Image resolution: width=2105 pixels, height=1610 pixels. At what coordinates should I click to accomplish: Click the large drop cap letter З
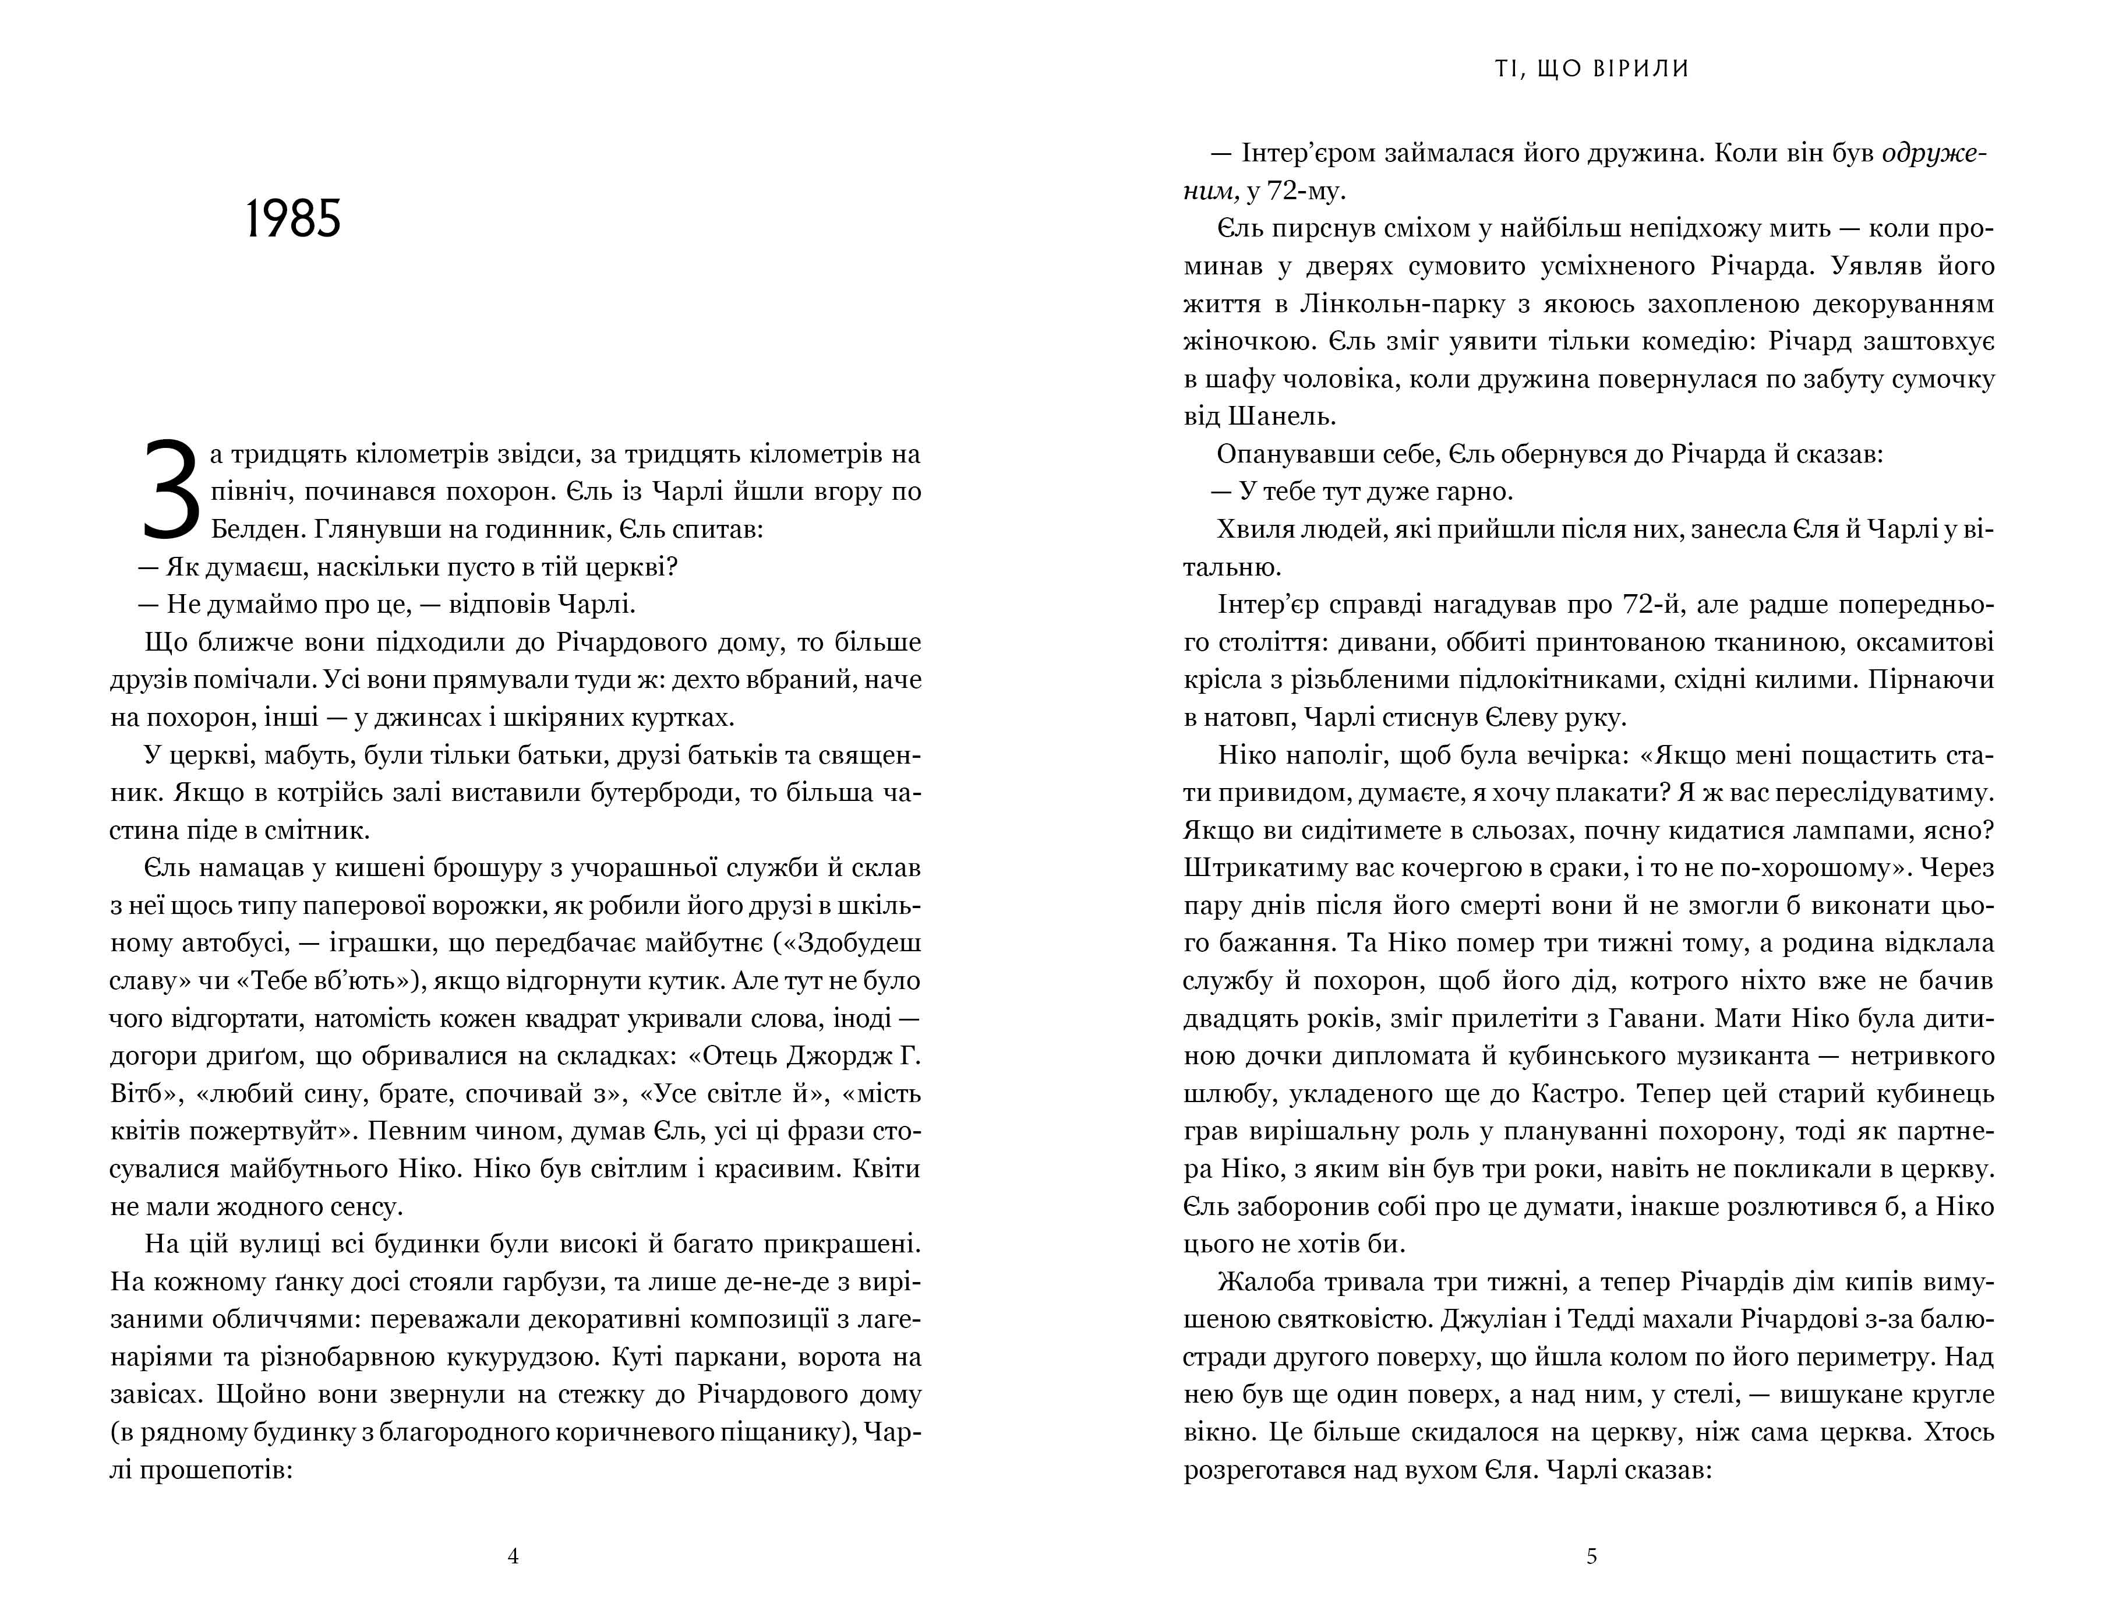172,490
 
